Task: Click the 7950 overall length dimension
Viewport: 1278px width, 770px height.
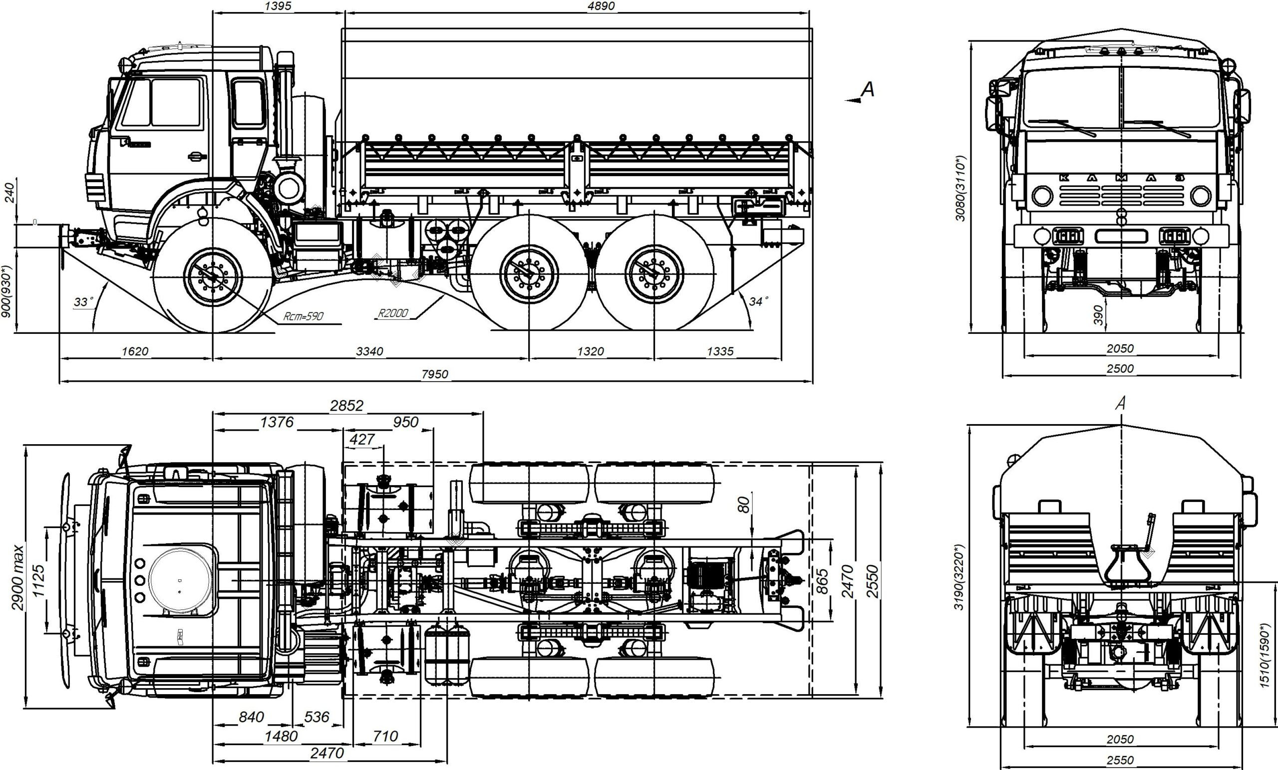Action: point(435,374)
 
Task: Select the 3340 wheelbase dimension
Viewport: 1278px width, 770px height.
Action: point(369,351)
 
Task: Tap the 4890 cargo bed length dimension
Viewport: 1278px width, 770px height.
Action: point(601,5)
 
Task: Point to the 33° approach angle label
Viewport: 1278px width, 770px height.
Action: point(83,302)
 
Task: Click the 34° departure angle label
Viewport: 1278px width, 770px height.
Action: point(759,301)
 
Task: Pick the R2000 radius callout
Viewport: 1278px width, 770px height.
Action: point(392,313)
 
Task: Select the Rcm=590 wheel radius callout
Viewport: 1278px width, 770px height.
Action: point(304,316)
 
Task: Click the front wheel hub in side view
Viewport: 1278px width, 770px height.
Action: point(213,276)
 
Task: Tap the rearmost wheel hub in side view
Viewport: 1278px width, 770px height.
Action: point(654,273)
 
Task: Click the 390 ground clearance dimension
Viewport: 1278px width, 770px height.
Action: point(1098,315)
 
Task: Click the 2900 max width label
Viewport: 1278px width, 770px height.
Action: point(17,577)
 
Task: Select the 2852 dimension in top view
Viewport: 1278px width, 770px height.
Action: point(346,406)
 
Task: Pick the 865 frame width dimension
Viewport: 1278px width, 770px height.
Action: point(822,581)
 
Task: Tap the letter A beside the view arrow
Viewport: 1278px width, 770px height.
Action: point(867,89)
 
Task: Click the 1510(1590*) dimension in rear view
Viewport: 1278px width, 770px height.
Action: point(1265,655)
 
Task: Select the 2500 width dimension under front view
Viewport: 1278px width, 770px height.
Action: point(1120,369)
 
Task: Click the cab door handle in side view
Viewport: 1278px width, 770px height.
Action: point(197,156)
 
